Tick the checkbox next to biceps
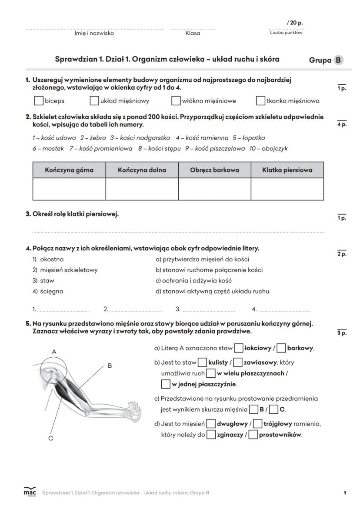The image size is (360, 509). pyautogui.click(x=39, y=101)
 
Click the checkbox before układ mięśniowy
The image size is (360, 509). pyautogui.click(x=94, y=101)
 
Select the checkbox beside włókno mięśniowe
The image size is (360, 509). pyautogui.click(x=176, y=101)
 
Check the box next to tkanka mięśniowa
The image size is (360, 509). pyautogui.click(x=260, y=101)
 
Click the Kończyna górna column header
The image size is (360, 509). pyautogui.click(x=69, y=170)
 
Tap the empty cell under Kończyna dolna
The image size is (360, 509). pyautogui.click(x=142, y=189)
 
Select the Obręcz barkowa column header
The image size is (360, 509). pyautogui.click(x=214, y=170)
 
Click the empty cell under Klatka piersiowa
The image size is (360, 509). pyautogui.click(x=287, y=189)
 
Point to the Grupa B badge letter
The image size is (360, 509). pyautogui.click(x=338, y=60)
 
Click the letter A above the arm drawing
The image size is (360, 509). pyautogui.click(x=54, y=351)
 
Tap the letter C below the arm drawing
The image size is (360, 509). pyautogui.click(x=50, y=438)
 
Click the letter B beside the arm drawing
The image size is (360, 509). pyautogui.click(x=110, y=366)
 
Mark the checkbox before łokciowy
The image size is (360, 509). pyautogui.click(x=238, y=348)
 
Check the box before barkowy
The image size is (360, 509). pyautogui.click(x=281, y=348)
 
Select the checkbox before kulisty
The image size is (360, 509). pyautogui.click(x=202, y=362)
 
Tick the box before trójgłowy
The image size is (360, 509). pyautogui.click(x=257, y=423)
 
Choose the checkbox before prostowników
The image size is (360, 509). pyautogui.click(x=253, y=434)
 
